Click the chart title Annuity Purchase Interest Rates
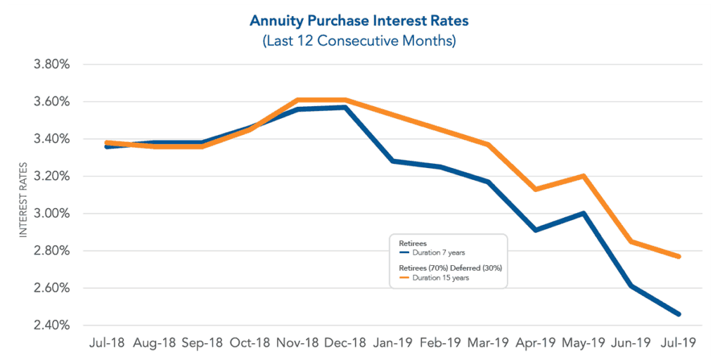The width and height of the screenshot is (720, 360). coord(359,20)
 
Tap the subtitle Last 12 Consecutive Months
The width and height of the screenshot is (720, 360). coord(359,41)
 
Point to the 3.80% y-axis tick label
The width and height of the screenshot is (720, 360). coord(51,65)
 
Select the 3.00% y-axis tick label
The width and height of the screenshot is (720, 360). coord(51,214)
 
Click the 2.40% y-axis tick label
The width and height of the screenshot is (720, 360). coord(51,326)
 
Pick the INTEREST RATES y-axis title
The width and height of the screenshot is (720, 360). coord(23,200)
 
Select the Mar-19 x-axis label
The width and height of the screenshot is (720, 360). coord(487,343)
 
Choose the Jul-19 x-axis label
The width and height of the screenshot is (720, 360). coord(679,343)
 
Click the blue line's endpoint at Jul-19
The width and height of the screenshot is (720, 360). coord(679,314)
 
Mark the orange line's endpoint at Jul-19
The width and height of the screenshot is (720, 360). coord(679,257)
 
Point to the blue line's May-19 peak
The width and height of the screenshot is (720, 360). coord(584,213)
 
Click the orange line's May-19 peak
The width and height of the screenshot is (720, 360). coord(584,176)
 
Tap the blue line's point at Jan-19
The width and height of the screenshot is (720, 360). coord(392,161)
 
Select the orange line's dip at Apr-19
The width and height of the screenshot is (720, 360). coord(536,189)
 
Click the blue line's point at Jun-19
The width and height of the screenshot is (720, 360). coord(631,286)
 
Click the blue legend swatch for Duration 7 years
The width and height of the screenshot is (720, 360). coord(404,252)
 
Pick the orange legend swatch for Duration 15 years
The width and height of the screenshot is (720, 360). coord(404,278)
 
